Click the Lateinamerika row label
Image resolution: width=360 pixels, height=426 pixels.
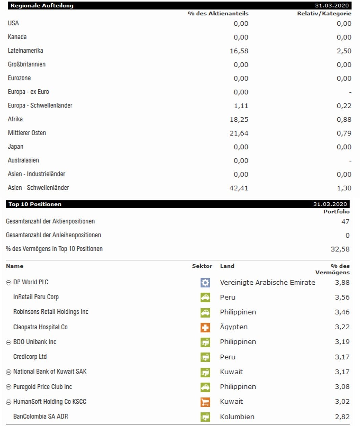click(25, 51)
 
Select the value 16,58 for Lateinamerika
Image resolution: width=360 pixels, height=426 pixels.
click(239, 51)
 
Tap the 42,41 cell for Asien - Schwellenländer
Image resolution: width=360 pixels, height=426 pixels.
click(239, 188)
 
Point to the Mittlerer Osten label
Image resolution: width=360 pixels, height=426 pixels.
click(27, 133)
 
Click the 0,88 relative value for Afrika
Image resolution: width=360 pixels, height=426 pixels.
click(344, 120)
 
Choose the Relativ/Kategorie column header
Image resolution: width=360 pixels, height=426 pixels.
click(324, 14)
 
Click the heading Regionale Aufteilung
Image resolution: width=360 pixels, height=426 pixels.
click(42, 6)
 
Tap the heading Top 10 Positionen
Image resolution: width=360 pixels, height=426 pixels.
click(35, 204)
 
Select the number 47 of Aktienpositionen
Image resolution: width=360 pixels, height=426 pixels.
click(345, 222)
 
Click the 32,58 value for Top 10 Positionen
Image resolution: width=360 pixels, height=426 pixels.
click(340, 249)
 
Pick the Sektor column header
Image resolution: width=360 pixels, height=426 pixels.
click(202, 266)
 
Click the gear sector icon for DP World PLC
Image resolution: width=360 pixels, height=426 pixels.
click(205, 283)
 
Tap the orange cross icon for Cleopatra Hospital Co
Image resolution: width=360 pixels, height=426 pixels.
click(205, 327)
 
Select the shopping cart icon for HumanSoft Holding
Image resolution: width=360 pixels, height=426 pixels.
click(205, 402)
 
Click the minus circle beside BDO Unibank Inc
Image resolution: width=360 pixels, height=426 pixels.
click(9, 342)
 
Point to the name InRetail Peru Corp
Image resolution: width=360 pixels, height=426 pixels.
click(36, 297)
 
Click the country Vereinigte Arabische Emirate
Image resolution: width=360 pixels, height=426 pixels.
click(267, 283)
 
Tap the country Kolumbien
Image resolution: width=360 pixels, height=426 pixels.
click(237, 417)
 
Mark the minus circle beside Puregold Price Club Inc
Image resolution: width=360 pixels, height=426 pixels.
click(9, 387)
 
